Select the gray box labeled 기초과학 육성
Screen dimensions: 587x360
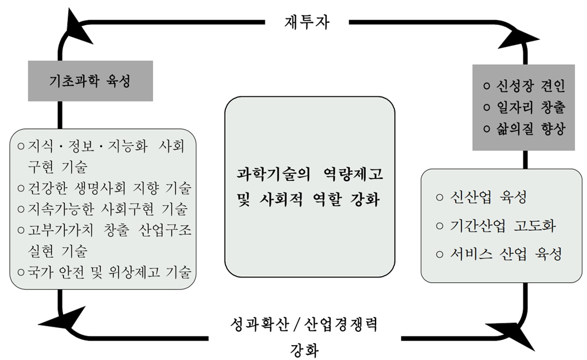coord(90,80)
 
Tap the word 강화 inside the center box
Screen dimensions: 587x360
coord(365,201)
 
